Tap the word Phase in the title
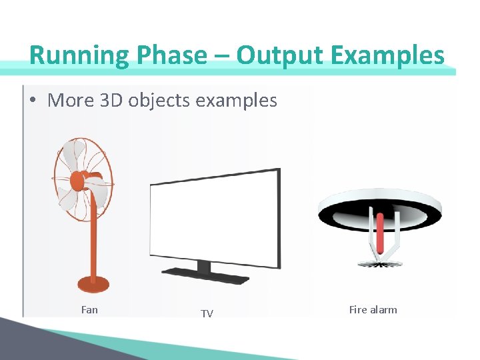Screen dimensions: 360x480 [x=174, y=55]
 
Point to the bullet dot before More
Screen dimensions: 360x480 [x=33, y=101]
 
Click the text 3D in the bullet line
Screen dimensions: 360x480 [x=108, y=101]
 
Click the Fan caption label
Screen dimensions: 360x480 [x=89, y=309]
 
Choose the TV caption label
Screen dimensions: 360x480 [x=207, y=313]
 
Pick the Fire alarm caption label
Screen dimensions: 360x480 [x=373, y=309]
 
